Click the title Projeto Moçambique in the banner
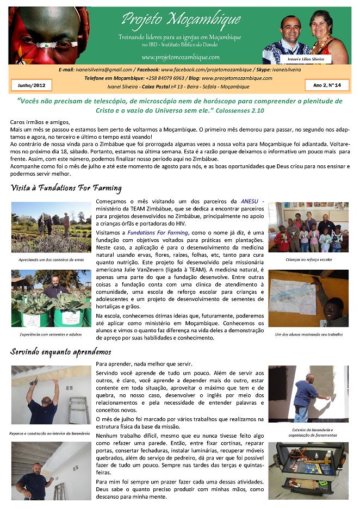tap(181, 20)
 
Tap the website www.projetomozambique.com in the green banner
tap(180, 57)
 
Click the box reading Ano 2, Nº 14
tap(327, 85)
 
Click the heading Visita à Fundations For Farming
tap(66, 188)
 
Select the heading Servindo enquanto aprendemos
tap(60, 351)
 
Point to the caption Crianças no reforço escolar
tap(308, 259)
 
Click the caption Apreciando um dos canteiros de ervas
tap(52, 259)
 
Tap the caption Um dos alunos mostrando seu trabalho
tap(308, 334)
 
